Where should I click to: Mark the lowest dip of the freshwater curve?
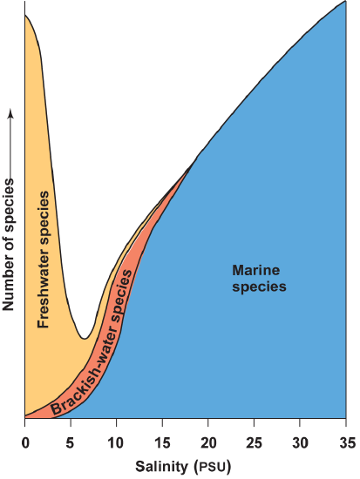(84, 338)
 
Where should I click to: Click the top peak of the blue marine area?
(344, 3)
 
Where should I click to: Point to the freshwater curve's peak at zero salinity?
(26, 17)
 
